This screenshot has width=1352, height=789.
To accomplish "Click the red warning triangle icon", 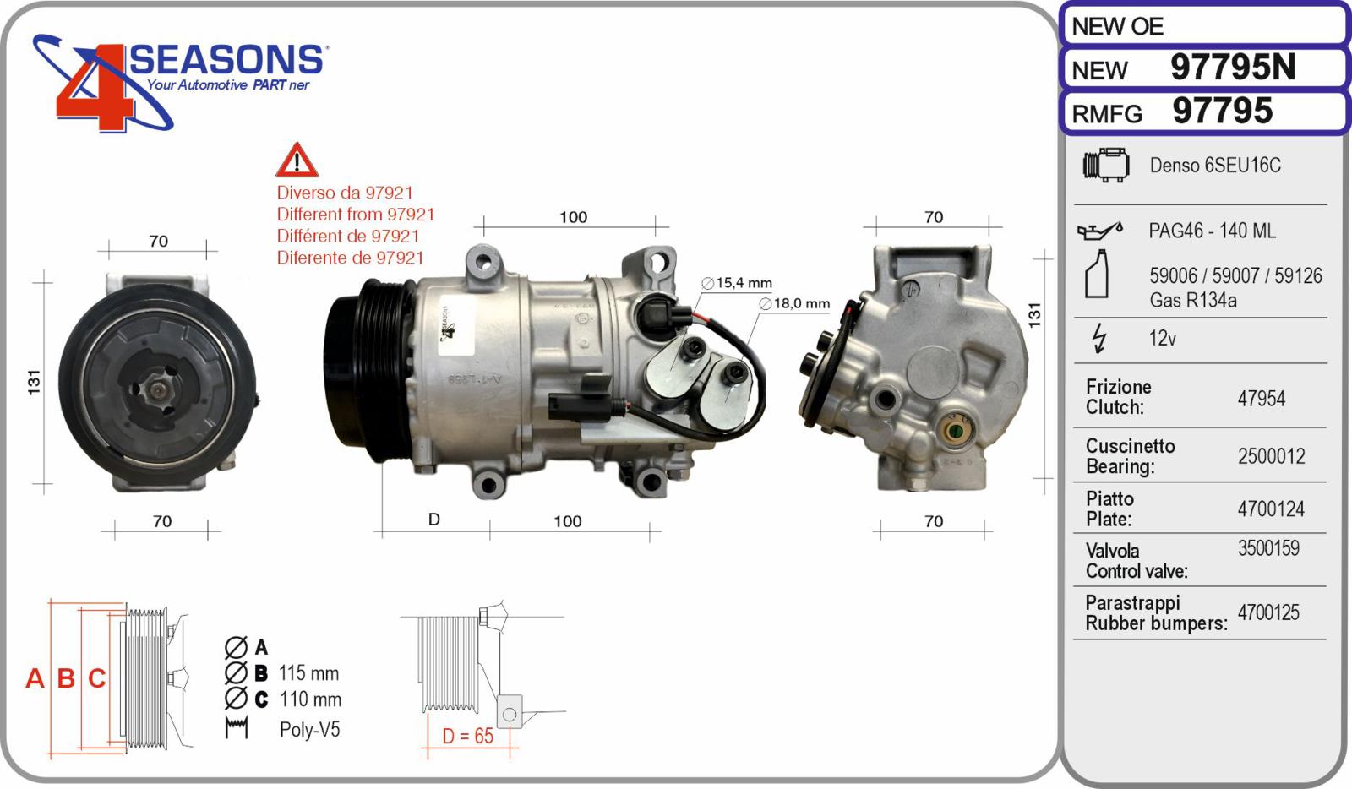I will pos(297,161).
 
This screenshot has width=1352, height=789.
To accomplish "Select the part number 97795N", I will pos(1232,68).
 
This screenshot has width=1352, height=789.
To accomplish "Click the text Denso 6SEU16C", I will pos(1214,166).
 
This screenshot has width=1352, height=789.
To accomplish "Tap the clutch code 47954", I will pos(1261,399).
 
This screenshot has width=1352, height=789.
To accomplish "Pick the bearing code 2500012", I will pos(1271,457).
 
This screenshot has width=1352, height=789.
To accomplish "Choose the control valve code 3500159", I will pos(1268,549).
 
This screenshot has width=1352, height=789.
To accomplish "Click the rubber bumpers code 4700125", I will pos(1268,613).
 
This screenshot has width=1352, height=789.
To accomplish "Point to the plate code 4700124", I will pos(1270,509).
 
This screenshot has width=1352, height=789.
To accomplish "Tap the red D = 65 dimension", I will pos(467,737).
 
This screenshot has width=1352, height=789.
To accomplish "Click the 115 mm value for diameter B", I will pos(308,673).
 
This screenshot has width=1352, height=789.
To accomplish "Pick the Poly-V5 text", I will pos(309,730).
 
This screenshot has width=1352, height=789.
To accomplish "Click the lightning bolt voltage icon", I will pos(1098,338).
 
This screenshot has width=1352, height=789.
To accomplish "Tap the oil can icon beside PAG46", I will pos(1098,230).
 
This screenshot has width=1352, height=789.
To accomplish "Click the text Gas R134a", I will pos(1192,300).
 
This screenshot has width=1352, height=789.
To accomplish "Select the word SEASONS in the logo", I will pos(226,61).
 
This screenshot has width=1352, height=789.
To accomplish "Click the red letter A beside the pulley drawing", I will pos(35,678).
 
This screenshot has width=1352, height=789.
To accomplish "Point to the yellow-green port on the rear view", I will pos(956,432).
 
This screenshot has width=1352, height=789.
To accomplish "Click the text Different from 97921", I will pos(355,215).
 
